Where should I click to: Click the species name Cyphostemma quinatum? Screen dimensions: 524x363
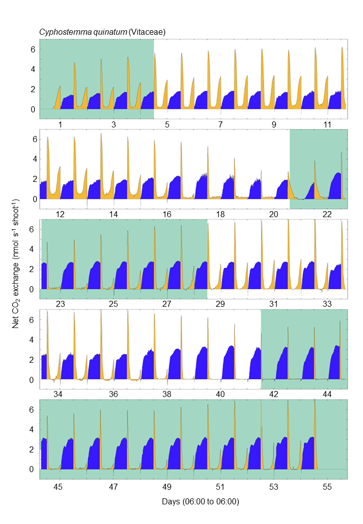pos(83,32)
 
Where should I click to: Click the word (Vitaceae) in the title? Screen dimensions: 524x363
pos(147,32)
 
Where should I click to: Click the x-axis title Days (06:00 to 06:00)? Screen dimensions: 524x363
pos(200,502)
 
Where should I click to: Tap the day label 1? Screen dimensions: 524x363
pos(60,124)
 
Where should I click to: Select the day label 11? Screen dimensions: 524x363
pos(327,124)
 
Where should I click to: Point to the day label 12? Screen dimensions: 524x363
pos(60,214)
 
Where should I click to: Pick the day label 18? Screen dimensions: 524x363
pos(220,214)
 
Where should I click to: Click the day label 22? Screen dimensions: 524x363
pos(327,214)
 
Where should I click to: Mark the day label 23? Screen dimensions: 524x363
pos(60,304)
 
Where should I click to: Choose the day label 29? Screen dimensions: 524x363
pos(220,304)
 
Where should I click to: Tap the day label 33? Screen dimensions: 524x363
pos(327,304)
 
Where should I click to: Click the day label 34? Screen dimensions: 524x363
pos(58,394)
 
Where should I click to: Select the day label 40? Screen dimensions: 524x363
pos(220,394)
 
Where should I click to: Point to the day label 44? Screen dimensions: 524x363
pos(327,394)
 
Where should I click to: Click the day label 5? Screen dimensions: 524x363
pos(167,124)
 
